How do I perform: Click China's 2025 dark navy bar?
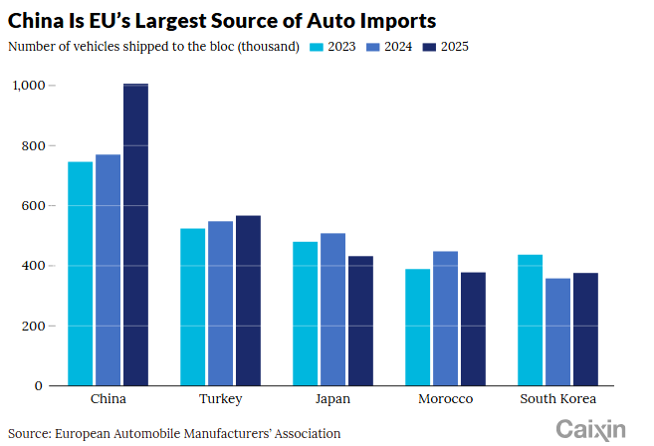(x=135, y=235)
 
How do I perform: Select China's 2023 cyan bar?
(x=80, y=274)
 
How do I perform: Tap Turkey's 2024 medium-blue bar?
(x=220, y=304)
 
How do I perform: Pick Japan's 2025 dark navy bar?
(x=360, y=321)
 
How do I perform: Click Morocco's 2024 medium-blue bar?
(x=445, y=319)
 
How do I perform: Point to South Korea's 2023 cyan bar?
(x=531, y=320)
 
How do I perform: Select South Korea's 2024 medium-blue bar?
(x=558, y=333)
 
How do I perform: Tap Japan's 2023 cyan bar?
(x=305, y=314)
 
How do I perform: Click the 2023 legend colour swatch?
(x=317, y=47)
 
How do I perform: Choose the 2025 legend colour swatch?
(x=429, y=47)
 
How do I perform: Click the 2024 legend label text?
(x=398, y=47)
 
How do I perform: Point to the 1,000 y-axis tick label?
(x=29, y=86)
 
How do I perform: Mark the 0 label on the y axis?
(x=39, y=386)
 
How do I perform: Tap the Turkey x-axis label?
(x=221, y=399)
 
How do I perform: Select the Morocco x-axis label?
(x=445, y=399)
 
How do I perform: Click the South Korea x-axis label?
(x=558, y=399)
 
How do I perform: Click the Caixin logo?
(x=590, y=429)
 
